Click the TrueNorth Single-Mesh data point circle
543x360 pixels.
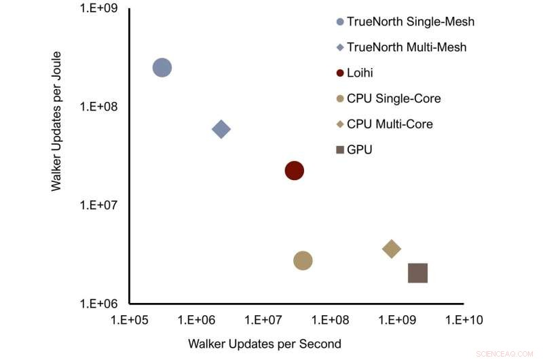pyautogui.click(x=162, y=67)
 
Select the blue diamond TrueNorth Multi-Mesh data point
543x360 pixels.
pyautogui.click(x=221, y=129)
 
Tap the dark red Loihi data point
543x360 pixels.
pyautogui.click(x=294, y=170)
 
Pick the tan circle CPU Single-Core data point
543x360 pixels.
pyautogui.click(x=303, y=260)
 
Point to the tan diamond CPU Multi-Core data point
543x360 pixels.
pyautogui.click(x=392, y=249)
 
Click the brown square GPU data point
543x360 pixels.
pyautogui.click(x=417, y=273)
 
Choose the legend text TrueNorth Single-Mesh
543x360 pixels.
pyautogui.click(x=410, y=22)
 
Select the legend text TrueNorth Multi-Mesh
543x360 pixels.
pyautogui.click(x=407, y=48)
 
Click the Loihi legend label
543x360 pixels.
pyautogui.click(x=360, y=73)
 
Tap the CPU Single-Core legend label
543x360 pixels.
pyautogui.click(x=394, y=98)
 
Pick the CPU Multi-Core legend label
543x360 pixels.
pyautogui.click(x=390, y=124)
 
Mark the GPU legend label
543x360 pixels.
pyautogui.click(x=359, y=149)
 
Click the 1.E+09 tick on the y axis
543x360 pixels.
pyautogui.click(x=100, y=9)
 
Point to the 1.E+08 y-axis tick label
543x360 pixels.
pyautogui.click(x=100, y=107)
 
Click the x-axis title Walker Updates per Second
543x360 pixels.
pyautogui.click(x=265, y=343)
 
